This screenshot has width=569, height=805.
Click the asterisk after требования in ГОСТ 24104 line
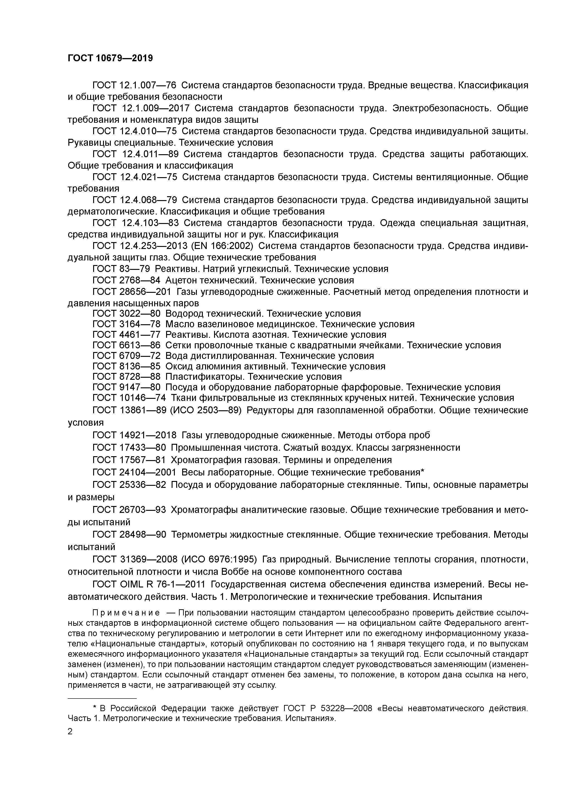(x=422, y=472)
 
